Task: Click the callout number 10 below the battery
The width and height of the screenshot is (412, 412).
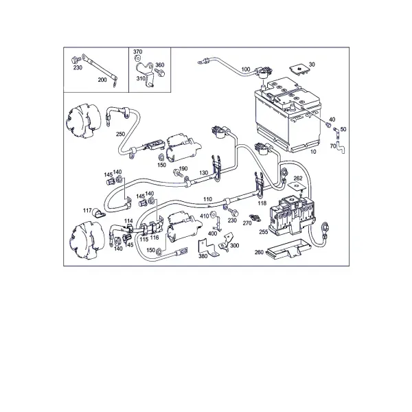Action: (313, 152)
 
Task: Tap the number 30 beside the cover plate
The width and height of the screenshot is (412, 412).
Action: (312, 65)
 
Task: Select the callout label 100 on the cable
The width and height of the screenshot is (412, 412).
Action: (245, 69)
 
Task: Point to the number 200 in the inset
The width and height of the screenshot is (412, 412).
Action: (102, 80)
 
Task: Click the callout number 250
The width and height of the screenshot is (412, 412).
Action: (120, 134)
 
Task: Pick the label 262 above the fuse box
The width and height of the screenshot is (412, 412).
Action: (298, 178)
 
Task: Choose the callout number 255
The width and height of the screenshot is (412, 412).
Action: (263, 232)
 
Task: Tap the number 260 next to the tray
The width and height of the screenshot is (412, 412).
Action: (259, 252)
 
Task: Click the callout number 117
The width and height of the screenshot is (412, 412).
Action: (87, 211)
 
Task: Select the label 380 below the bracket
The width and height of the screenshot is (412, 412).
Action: (203, 256)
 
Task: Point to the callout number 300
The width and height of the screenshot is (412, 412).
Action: (234, 245)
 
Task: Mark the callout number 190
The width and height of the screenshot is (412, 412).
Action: (183, 168)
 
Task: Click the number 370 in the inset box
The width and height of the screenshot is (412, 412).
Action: (138, 51)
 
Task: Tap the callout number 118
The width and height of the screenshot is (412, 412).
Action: (262, 203)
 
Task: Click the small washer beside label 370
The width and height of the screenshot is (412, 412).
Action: (137, 58)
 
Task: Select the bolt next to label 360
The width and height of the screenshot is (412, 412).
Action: (160, 73)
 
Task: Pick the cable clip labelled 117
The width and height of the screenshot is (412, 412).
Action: (98, 214)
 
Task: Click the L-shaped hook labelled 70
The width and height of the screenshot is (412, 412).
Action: (341, 148)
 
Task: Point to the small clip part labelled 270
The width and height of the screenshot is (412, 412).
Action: (255, 218)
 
